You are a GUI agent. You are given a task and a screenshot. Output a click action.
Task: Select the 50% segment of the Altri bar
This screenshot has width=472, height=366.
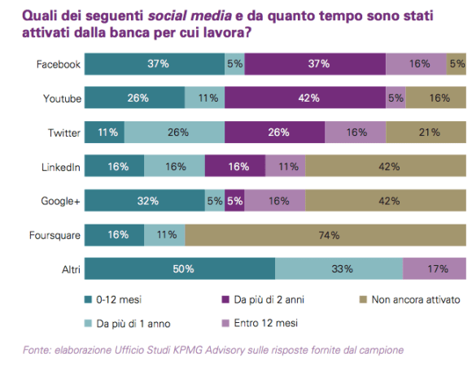pos(179,269)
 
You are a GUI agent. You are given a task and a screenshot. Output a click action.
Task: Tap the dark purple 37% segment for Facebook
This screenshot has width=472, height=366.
pos(314,64)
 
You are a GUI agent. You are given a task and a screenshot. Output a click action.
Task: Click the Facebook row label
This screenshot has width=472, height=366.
pos(58,64)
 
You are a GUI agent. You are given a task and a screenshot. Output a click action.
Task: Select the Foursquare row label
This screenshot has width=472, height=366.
pos(54,235)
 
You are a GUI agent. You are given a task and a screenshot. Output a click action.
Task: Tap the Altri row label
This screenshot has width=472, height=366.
pos(69,269)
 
